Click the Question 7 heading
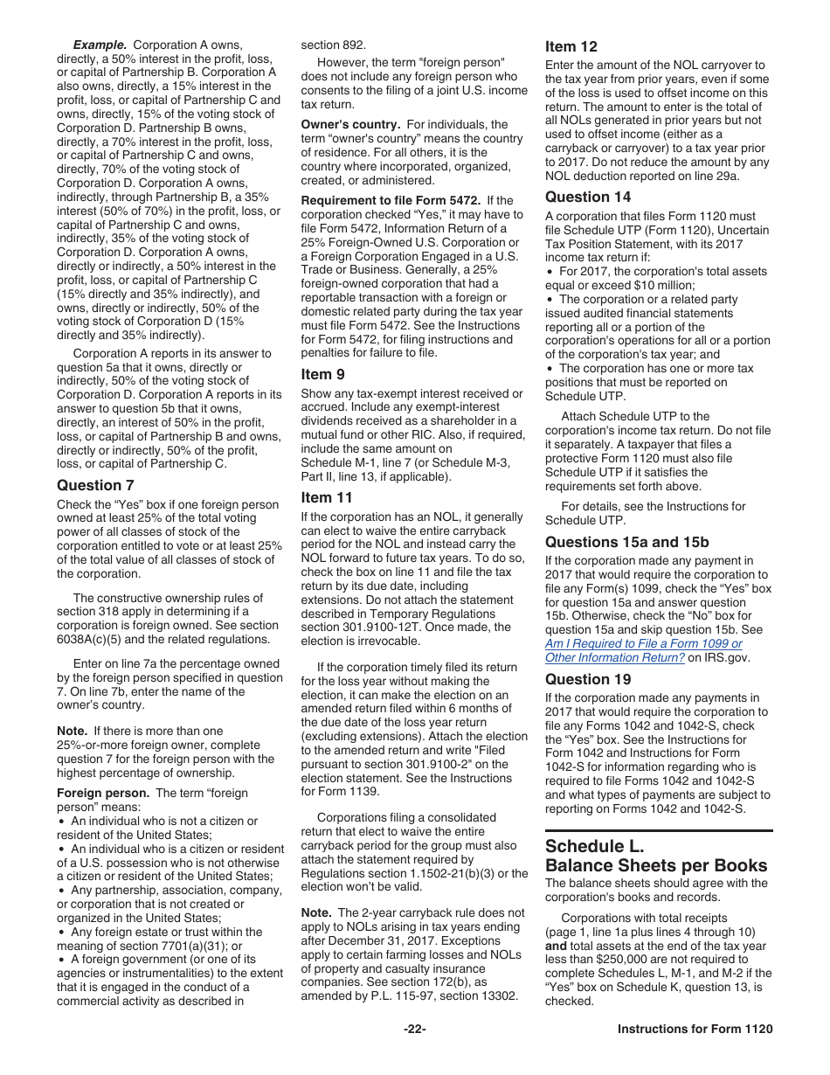(x=95, y=485)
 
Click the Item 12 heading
(x=572, y=46)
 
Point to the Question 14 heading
(x=588, y=197)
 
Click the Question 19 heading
(x=588, y=679)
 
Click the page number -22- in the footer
(x=415, y=1029)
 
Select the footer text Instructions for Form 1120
(x=695, y=1029)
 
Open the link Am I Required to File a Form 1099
(x=643, y=643)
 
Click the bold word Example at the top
(x=100, y=44)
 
